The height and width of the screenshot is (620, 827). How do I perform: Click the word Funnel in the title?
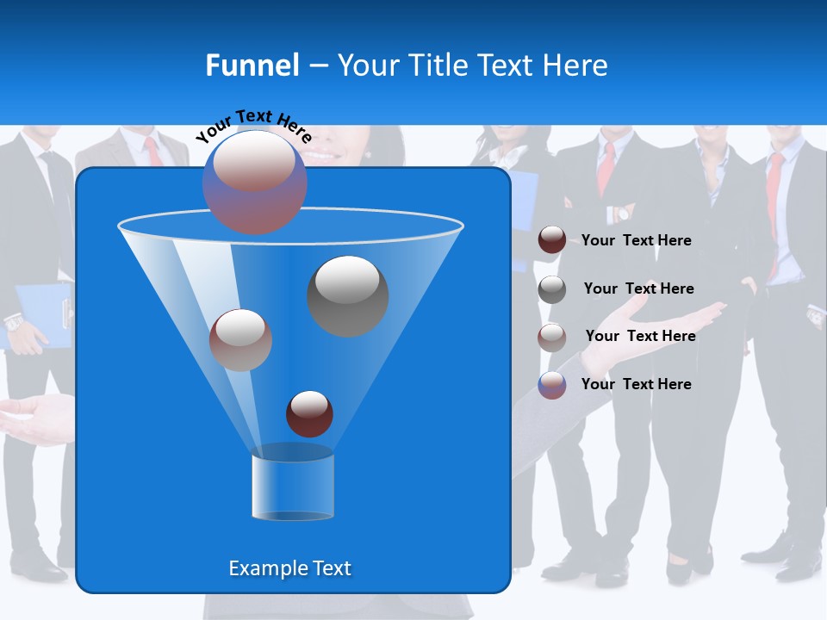point(252,65)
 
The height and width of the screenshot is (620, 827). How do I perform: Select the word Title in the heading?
point(438,65)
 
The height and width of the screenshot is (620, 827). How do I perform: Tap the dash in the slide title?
point(318,66)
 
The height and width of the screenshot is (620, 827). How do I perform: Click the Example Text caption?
point(289,568)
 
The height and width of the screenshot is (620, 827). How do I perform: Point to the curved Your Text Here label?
point(253,126)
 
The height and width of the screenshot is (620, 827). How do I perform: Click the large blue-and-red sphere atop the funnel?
point(255,182)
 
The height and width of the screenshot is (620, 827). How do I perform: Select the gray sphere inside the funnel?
point(348,296)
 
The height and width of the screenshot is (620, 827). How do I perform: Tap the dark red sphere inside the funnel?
point(309,414)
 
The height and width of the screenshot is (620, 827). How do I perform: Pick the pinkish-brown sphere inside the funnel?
point(240,340)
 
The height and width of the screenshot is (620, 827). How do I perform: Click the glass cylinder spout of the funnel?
point(292,485)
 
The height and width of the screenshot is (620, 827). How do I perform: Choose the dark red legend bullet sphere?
point(552,240)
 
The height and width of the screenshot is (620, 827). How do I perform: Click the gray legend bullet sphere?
point(552,289)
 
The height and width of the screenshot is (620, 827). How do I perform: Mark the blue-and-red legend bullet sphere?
point(552,385)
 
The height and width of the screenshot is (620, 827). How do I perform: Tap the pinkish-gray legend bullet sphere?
point(552,337)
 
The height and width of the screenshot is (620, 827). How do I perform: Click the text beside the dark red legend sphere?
point(636,240)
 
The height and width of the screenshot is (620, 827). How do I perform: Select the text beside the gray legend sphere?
point(638,288)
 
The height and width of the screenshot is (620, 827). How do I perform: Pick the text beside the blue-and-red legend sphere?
point(636,384)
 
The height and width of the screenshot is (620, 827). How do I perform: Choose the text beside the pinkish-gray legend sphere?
point(640,336)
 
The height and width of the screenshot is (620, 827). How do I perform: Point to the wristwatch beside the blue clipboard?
point(13,323)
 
